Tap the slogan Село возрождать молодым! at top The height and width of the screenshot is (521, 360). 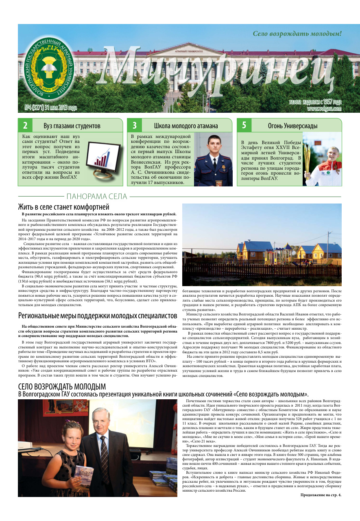click(x=297, y=34)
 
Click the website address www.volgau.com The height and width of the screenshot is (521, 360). click(x=324, y=109)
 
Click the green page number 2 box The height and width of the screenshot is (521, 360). click(x=25, y=125)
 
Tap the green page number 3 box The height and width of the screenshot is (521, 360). click(x=135, y=125)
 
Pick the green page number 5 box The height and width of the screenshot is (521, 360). click(x=244, y=125)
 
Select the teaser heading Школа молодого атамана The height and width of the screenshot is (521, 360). click(x=185, y=126)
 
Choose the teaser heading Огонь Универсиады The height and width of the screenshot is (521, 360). click(x=292, y=126)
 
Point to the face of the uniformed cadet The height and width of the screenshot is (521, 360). click(x=214, y=143)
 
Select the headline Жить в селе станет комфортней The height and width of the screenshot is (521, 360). click(x=63, y=207)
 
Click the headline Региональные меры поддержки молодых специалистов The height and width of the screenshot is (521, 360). click(x=98, y=316)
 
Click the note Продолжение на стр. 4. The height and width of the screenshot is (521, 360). click(x=321, y=495)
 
